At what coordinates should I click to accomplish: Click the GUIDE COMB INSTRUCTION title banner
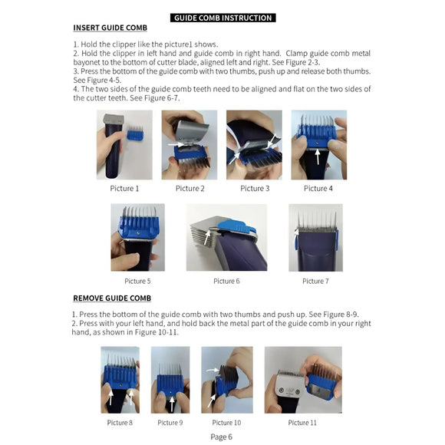click(x=222, y=18)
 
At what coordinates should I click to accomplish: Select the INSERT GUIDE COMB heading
click(x=110, y=28)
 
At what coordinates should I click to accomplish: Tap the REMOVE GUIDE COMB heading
click(x=112, y=298)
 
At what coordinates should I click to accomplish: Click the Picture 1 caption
click(x=125, y=189)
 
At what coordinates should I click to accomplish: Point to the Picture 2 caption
click(x=190, y=189)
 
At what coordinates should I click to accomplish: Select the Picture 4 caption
click(x=318, y=189)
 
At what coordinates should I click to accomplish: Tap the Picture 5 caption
click(x=137, y=282)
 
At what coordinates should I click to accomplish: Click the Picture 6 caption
click(x=226, y=282)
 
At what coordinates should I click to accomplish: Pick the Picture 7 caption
click(x=315, y=282)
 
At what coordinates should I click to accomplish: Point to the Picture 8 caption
click(x=120, y=423)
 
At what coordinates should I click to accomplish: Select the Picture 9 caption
click(x=170, y=423)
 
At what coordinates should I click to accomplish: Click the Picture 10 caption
click(x=226, y=423)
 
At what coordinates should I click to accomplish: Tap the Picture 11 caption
click(x=302, y=423)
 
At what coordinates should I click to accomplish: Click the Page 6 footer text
click(x=222, y=437)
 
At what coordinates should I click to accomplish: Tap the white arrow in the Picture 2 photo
click(x=176, y=143)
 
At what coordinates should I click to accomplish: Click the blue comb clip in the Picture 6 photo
click(x=230, y=225)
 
